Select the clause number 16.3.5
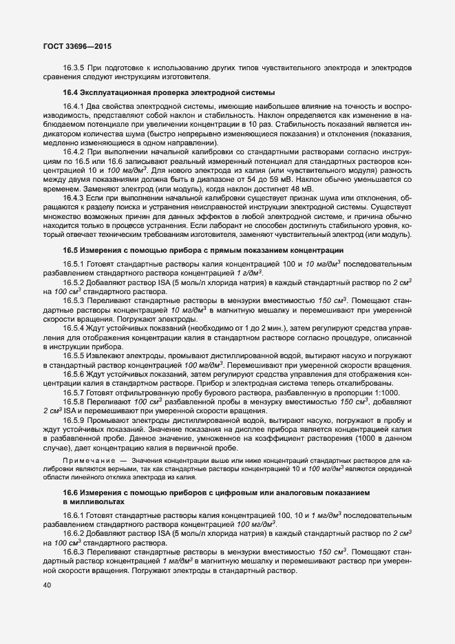point(74,67)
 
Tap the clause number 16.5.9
point(74,419)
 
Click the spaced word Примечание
point(89,459)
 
